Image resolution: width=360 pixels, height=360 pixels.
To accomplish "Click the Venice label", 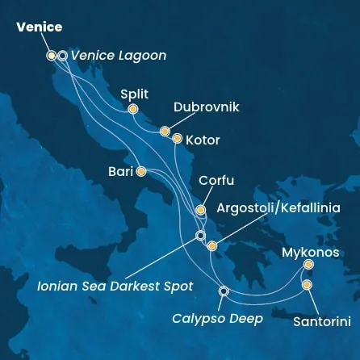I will [39, 27].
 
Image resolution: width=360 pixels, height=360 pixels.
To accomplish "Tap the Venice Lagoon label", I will [118, 56].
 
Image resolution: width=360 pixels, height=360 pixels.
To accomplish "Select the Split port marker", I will [133, 109].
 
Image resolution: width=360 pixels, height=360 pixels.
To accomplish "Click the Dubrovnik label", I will [207, 107].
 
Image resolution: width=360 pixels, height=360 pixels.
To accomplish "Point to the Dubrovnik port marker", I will [165, 131].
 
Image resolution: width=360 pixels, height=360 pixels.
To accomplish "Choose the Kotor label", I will [203, 140].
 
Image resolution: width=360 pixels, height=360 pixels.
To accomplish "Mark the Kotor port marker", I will [178, 139].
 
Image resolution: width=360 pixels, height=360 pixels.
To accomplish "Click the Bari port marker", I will [141, 171].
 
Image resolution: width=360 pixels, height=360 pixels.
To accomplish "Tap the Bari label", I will [120, 171].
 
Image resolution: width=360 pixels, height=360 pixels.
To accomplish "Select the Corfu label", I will [216, 181].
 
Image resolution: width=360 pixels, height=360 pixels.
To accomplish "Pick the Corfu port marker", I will [201, 210].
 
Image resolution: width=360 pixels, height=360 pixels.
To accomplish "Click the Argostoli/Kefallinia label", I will [278, 207].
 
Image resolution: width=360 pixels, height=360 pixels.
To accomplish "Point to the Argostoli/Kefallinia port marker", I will [212, 246].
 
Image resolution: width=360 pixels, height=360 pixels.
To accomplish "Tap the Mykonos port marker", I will [308, 264].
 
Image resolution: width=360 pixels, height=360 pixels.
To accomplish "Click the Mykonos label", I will [310, 253].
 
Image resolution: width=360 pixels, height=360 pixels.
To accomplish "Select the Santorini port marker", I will [307, 285].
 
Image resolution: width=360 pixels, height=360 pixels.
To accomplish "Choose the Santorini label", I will [322, 321].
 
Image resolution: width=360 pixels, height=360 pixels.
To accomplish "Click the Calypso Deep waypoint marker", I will [224, 291].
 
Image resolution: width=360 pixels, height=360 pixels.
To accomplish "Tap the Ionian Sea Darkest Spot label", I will [115, 286].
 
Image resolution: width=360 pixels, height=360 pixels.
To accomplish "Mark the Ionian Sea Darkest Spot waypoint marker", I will [201, 236].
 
